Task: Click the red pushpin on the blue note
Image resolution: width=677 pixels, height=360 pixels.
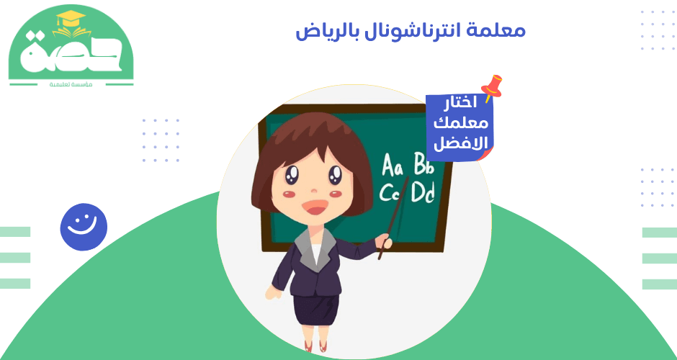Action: [x=493, y=86]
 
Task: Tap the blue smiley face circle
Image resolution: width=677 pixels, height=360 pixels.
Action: [x=84, y=226]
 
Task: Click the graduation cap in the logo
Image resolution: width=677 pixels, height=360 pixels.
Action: [x=69, y=23]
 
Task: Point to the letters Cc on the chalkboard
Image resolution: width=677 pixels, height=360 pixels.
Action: [x=390, y=193]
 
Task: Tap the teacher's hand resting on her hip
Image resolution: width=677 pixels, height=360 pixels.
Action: [x=273, y=292]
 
